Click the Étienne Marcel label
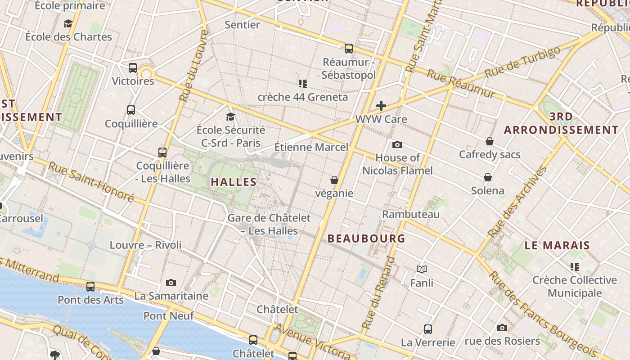311,147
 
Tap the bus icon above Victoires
133,68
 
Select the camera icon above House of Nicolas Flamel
397,144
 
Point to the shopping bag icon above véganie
334,180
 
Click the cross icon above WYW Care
381,106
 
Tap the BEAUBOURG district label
366,238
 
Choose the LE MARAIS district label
557,245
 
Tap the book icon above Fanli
422,269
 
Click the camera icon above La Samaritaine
171,283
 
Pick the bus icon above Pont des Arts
90,287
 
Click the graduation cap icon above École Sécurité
231,117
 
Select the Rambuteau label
410,214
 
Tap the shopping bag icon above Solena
488,177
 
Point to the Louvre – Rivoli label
146,245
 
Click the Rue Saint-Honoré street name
91,181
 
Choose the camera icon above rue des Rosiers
502,328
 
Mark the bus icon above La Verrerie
428,329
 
